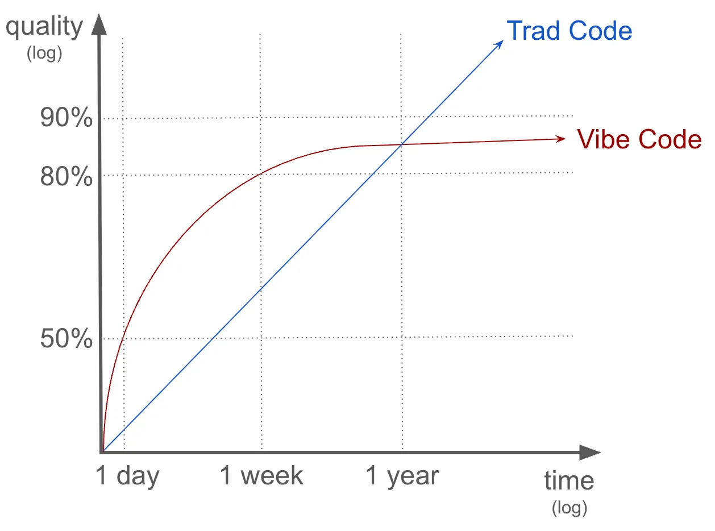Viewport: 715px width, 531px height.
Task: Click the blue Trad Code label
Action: click(x=569, y=31)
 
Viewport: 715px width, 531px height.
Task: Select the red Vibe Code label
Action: click(x=639, y=139)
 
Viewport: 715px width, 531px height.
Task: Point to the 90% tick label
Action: click(x=66, y=119)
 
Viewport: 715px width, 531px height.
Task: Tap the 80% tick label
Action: click(x=66, y=177)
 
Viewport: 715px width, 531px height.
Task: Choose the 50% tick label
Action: click(x=66, y=339)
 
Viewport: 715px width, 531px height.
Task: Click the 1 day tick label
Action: click(x=127, y=476)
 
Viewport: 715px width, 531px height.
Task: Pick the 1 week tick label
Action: click(x=261, y=476)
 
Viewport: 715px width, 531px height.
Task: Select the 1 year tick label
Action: click(x=402, y=476)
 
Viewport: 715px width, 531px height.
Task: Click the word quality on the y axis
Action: click(x=44, y=27)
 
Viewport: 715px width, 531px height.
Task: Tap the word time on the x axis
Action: click(x=569, y=481)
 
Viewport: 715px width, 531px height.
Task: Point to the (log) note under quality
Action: click(x=44, y=54)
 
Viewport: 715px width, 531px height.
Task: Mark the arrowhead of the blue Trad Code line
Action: click(x=500, y=43)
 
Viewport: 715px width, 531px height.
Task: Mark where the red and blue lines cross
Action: click(x=401, y=144)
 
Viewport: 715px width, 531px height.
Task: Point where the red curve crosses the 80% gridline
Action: click(x=260, y=173)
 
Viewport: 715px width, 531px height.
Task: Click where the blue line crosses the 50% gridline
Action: click(x=212, y=338)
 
